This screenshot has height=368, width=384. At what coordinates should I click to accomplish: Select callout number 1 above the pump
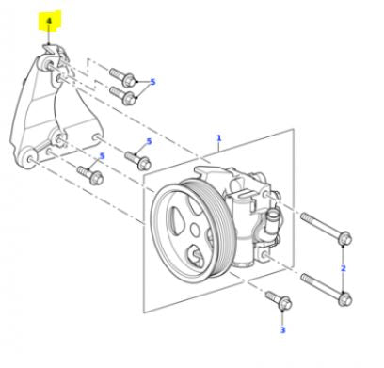pyautogui.click(x=218, y=137)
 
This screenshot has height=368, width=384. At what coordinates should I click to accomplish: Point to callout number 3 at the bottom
pyautogui.click(x=281, y=330)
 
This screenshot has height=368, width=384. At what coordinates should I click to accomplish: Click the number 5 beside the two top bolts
pyautogui.click(x=152, y=82)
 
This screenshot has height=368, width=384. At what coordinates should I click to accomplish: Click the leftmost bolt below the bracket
pyautogui.click(x=91, y=174)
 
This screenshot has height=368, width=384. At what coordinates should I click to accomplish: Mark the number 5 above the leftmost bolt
pyautogui.click(x=101, y=155)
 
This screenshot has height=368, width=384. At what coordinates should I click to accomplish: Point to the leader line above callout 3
pyautogui.click(x=281, y=317)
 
